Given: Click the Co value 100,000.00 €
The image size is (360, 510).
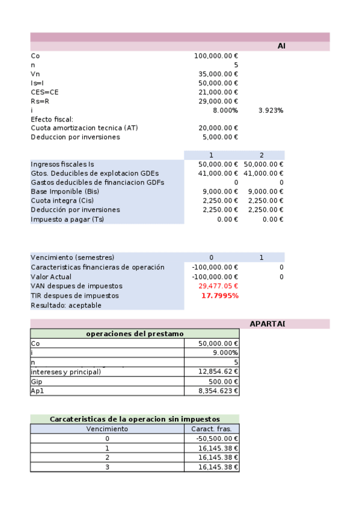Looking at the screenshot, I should coord(216,56).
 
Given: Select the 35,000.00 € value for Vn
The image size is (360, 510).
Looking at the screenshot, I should coord(218,74).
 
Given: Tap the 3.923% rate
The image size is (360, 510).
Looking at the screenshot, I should coord(270,111).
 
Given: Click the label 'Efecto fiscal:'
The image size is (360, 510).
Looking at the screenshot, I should coord(52,119).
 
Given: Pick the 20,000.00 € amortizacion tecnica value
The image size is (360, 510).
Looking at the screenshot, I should coord(218,128).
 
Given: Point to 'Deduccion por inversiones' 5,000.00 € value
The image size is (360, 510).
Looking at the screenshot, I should coord(219,137).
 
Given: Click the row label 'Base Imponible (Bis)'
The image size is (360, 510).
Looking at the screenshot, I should coord(65,191).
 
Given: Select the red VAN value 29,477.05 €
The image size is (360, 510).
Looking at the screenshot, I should coord(218,286).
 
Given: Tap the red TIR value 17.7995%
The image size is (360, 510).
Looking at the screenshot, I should coord(219,296).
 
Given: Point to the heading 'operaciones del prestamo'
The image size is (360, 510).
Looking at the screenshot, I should coord(135,334).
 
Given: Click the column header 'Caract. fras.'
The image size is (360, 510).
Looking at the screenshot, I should coord(212,429).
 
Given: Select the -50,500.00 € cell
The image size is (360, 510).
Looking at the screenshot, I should coord(217,438).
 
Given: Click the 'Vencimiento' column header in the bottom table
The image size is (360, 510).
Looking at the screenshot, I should coord(107,429).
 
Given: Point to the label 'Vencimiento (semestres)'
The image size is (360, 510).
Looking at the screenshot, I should coord(72,257).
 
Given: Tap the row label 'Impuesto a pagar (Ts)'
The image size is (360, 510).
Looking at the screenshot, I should coord(67,219).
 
